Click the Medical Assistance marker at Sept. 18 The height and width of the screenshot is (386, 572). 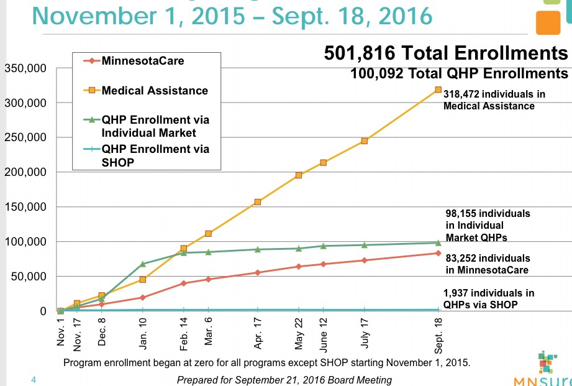point(438,90)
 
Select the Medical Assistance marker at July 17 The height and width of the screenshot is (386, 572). point(364,141)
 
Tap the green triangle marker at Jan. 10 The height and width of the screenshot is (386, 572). point(143,264)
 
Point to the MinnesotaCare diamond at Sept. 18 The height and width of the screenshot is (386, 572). point(438,253)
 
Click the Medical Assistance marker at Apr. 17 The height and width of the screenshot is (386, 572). point(257,202)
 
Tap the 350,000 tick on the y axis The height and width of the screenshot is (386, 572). point(25,68)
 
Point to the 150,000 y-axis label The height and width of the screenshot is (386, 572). point(25,207)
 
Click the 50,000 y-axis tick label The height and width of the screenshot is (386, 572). point(28,277)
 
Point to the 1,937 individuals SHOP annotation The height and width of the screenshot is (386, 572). point(488,298)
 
